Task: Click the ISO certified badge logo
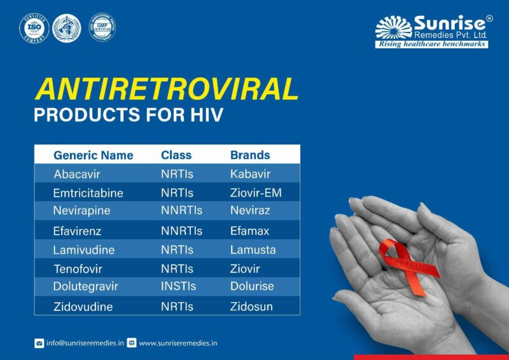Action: (x=34, y=29)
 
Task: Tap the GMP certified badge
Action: (x=102, y=28)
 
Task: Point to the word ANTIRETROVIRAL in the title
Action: (x=166, y=90)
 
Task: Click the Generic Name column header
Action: (x=94, y=155)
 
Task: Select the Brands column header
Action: (x=250, y=155)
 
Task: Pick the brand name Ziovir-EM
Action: (x=256, y=193)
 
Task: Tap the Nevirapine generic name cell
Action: (x=82, y=211)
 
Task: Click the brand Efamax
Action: (x=249, y=231)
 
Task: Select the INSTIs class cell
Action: (x=179, y=286)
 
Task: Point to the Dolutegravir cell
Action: (x=86, y=286)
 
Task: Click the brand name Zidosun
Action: (x=251, y=307)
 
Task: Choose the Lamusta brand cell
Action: (x=253, y=250)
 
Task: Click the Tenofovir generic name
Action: (x=78, y=269)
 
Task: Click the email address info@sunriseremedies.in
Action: (x=85, y=343)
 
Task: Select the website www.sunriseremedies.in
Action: (x=178, y=343)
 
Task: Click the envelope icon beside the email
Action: (x=39, y=343)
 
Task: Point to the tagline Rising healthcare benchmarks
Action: (x=431, y=44)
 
